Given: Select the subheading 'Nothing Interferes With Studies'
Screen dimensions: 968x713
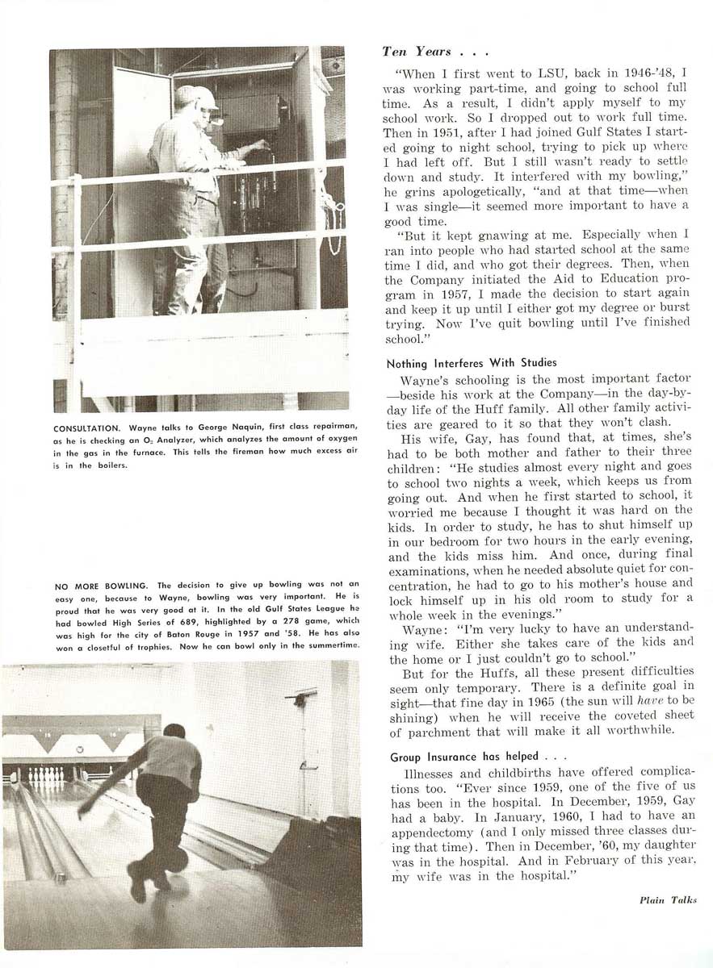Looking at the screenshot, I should pyautogui.click(x=471, y=363).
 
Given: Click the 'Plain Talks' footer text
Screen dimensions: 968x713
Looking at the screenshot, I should pyautogui.click(x=667, y=899).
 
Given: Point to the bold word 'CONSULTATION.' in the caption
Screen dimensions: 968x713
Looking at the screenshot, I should pyautogui.click(x=88, y=428).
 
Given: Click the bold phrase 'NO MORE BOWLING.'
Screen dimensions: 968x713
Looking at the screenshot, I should pyautogui.click(x=103, y=585).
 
